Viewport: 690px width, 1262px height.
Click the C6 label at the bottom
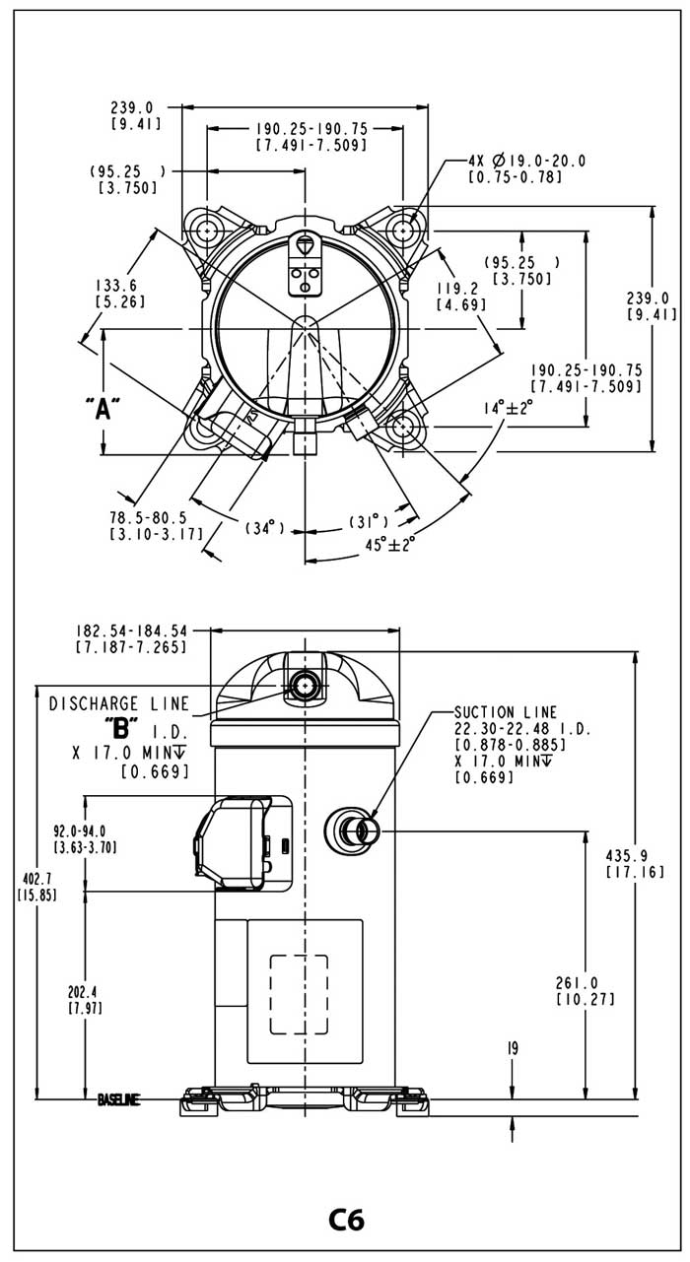346,1220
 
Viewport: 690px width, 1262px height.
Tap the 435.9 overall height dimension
627,856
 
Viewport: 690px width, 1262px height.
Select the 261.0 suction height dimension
578,982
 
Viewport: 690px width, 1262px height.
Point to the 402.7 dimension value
36,879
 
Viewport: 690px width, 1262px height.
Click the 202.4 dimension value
86,991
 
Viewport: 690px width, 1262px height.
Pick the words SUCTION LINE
506,712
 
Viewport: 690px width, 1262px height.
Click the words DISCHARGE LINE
119,703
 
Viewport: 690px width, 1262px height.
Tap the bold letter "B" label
120,729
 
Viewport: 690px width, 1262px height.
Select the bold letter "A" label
103,409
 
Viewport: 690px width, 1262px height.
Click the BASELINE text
119,1099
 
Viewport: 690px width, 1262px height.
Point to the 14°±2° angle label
508,408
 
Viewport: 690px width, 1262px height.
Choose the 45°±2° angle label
390,544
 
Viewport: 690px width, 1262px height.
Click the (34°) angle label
264,528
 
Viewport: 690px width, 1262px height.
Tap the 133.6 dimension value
115,286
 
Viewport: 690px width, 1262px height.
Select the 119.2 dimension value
457,289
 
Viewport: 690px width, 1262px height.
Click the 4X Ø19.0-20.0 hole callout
527,162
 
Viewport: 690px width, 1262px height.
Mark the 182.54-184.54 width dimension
131,631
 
